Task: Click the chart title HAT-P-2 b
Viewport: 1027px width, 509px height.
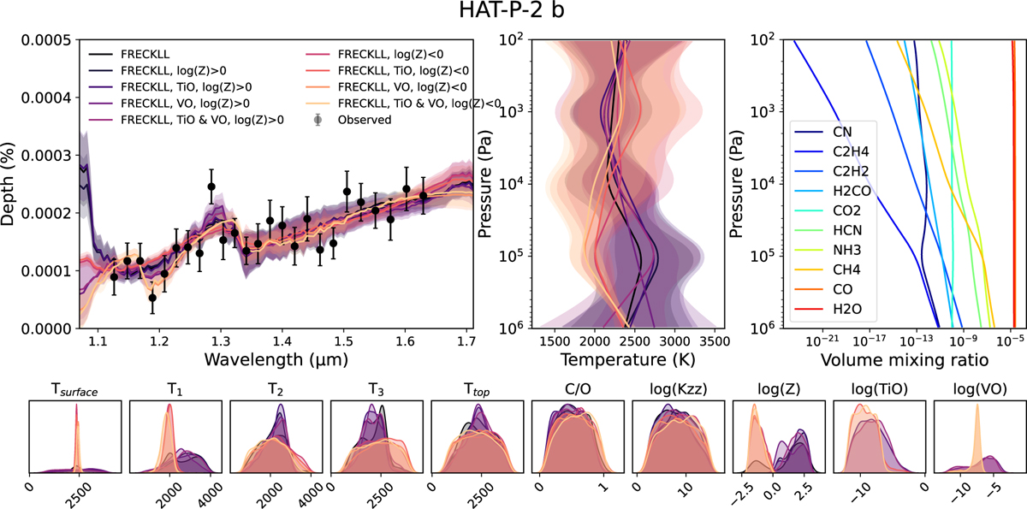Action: tap(513, 14)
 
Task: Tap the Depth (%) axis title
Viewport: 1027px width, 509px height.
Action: tap(11, 183)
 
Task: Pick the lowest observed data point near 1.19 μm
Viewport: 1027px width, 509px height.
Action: tap(152, 297)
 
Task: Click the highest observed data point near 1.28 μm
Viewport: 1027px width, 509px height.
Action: tap(211, 186)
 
